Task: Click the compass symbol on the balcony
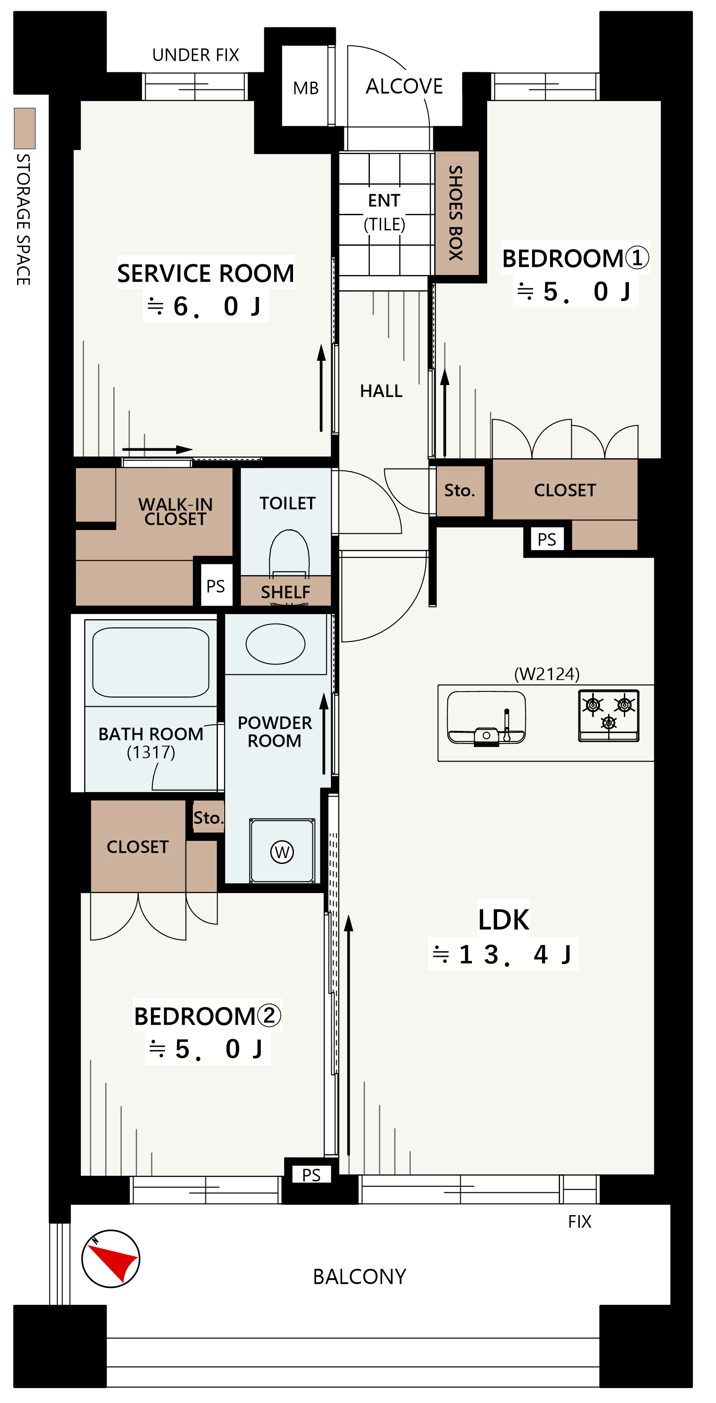[111, 1259]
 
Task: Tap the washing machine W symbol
[282, 852]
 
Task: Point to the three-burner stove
[609, 716]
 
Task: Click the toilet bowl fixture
[289, 553]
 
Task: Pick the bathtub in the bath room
[151, 662]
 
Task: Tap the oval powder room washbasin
[275, 644]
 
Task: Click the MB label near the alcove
[306, 88]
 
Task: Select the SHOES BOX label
[456, 213]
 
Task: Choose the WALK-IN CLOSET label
[175, 511]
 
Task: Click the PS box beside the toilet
[216, 586]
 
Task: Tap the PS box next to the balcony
[311, 1175]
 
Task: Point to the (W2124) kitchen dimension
[547, 674]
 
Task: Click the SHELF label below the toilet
[285, 592]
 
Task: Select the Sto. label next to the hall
[460, 490]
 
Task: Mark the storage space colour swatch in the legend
[25, 128]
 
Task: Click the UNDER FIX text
[196, 55]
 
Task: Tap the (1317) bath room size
[151, 752]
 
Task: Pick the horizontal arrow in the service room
[157, 449]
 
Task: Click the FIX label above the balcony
[580, 1222]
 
